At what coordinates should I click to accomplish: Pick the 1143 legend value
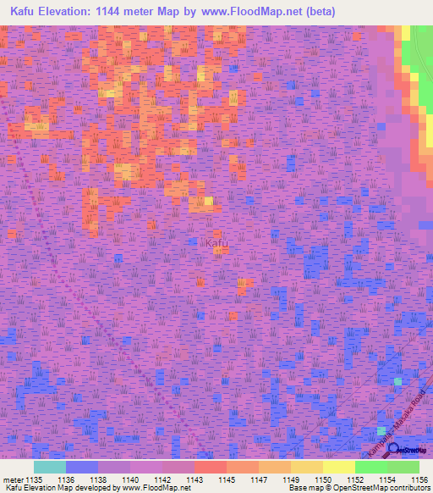click(194, 479)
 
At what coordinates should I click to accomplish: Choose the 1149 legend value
click(290, 479)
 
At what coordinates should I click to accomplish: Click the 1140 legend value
click(130, 479)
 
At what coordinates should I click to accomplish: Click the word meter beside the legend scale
click(14, 479)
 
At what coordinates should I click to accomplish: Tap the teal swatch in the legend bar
click(49, 467)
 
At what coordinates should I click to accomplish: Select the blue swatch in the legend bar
click(81, 467)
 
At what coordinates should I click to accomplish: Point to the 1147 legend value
click(259, 479)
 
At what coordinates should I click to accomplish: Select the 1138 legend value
click(98, 479)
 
